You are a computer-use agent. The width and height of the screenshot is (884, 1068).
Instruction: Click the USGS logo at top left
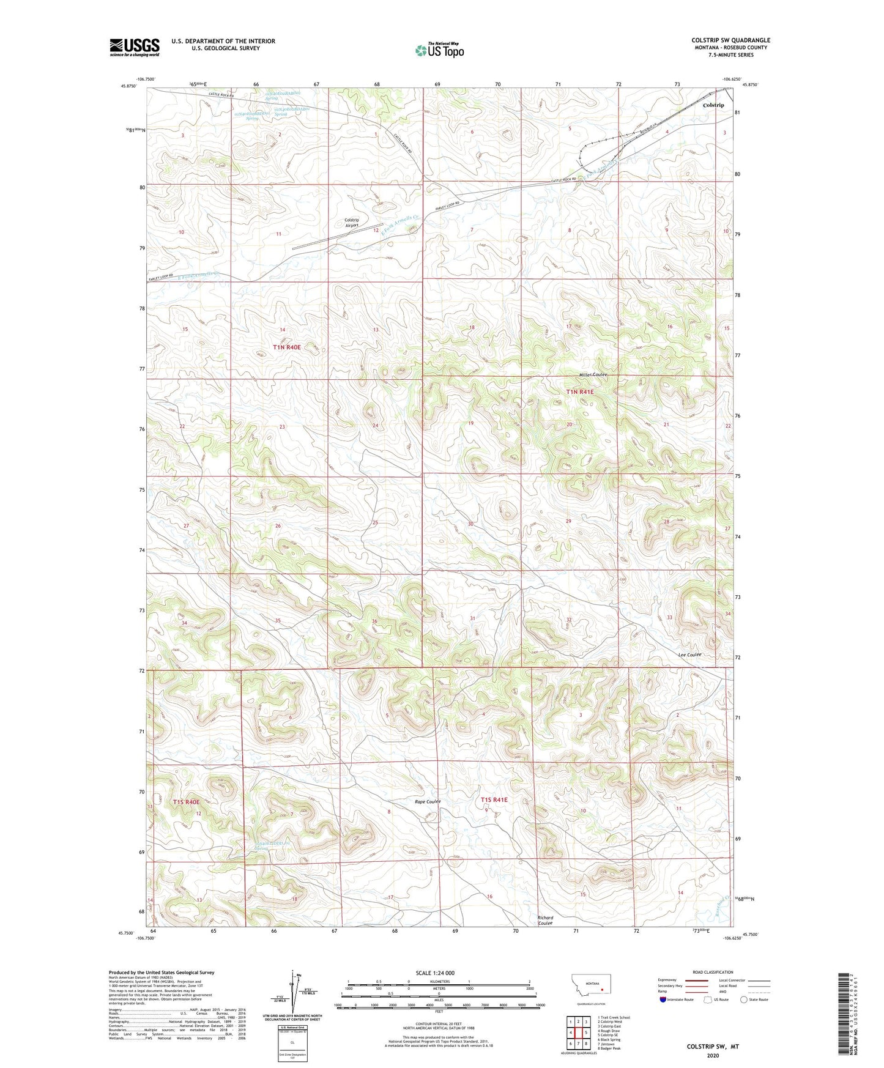click(x=134, y=47)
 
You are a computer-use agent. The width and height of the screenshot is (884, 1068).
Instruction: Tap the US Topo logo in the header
click(x=439, y=50)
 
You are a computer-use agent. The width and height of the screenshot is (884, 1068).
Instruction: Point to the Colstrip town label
click(x=713, y=105)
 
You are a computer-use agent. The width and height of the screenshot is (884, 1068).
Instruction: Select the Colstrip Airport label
click(x=352, y=223)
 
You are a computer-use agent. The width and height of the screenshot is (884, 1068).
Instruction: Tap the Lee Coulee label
click(x=689, y=655)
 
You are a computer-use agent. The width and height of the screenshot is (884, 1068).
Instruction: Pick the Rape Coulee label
click(x=428, y=801)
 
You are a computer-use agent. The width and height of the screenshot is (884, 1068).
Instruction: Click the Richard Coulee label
click(x=545, y=921)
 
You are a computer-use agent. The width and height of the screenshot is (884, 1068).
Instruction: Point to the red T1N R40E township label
click(x=287, y=347)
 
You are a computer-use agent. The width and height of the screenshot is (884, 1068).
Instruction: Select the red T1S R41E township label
click(x=494, y=799)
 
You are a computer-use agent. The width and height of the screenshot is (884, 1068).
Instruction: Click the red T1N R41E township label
click(x=579, y=391)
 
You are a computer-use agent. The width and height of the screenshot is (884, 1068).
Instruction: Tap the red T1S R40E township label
click(x=187, y=801)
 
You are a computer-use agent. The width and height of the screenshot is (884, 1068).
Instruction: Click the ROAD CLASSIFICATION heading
click(x=713, y=972)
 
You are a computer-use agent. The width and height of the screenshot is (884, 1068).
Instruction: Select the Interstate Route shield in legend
click(x=664, y=999)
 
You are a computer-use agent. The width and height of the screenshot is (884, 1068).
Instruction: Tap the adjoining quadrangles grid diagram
click(x=578, y=1033)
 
